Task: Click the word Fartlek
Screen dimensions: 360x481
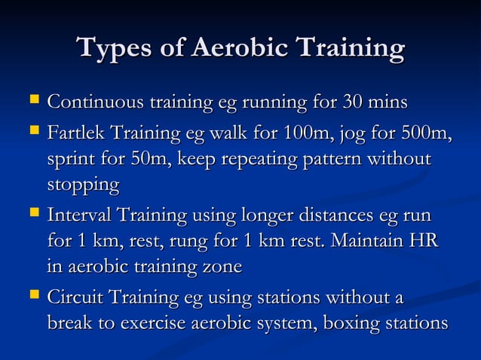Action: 75,136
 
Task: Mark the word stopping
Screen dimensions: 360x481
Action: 83,185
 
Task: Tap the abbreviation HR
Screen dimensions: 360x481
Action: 426,243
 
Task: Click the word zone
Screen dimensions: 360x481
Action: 224,267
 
